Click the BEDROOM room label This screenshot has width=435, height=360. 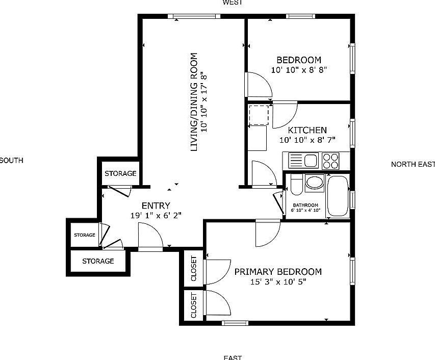pyautogui.click(x=298, y=60)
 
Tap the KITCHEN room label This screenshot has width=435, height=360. pyautogui.click(x=307, y=130)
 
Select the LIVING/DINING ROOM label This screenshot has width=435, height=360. pyautogui.click(x=194, y=102)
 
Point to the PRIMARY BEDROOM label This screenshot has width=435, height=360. pyautogui.click(x=278, y=272)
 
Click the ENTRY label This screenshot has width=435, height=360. pyautogui.click(x=156, y=205)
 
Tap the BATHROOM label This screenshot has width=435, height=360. pyautogui.click(x=305, y=205)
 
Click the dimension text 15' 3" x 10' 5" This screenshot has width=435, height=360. pyautogui.click(x=278, y=282)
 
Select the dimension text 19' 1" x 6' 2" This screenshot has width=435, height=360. pyautogui.click(x=156, y=216)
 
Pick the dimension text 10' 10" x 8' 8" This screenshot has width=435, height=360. pyautogui.click(x=298, y=70)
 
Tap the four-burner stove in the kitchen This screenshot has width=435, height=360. pyautogui.click(x=330, y=161)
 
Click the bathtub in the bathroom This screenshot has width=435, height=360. pyautogui.click(x=337, y=196)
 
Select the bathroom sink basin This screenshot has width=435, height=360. pyautogui.click(x=314, y=182)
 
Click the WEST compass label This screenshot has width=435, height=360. pyautogui.click(x=232, y=3)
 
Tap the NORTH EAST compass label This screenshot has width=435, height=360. pyautogui.click(x=413, y=164)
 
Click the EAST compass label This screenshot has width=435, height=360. pyautogui.click(x=232, y=357)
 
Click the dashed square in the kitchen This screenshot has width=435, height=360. pyautogui.click(x=259, y=115)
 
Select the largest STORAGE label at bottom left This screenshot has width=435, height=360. pyautogui.click(x=98, y=261)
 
